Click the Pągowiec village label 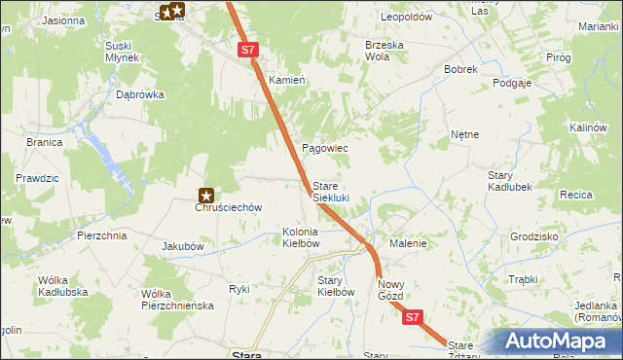pyautogui.click(x=325, y=148)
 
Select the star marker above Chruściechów pyautogui.click(x=206, y=195)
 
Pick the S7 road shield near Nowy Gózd pyautogui.click(x=413, y=317)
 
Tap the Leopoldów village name pyautogui.click(x=406, y=18)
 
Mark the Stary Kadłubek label pyautogui.click(x=507, y=180)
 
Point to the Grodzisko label pyautogui.click(x=533, y=236)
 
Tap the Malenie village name pyautogui.click(x=408, y=243)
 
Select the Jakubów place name pyautogui.click(x=182, y=246)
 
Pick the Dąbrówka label pyautogui.click(x=140, y=95)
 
